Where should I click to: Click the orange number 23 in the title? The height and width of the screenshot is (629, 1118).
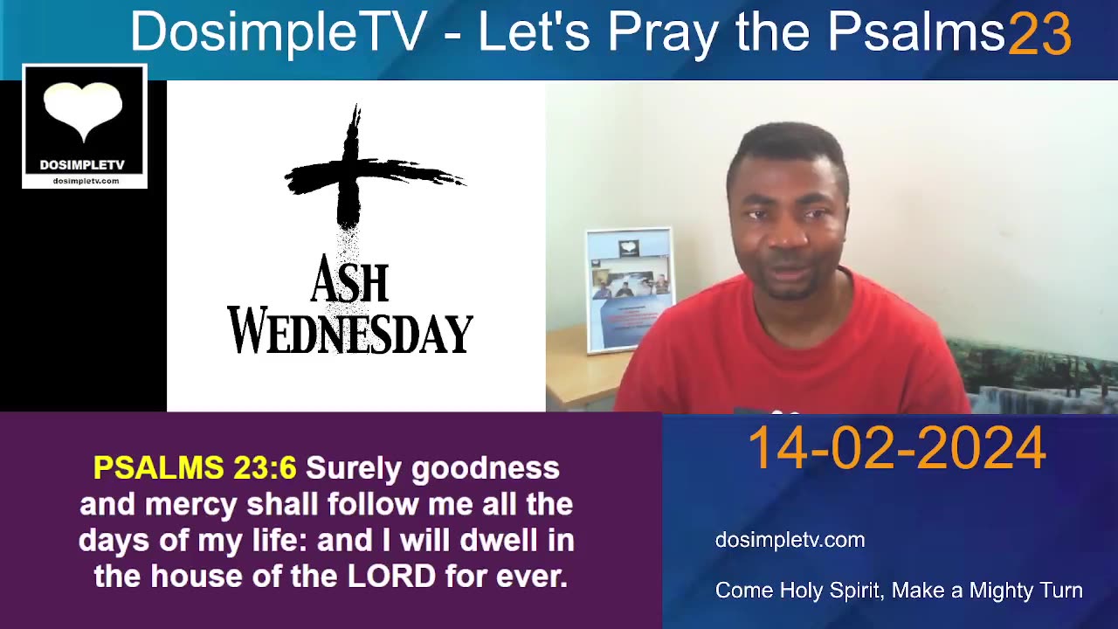[1039, 34]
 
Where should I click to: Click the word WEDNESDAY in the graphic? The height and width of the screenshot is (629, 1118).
[350, 333]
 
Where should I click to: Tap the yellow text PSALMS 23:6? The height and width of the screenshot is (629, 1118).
[195, 468]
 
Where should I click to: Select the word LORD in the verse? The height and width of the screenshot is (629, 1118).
[391, 576]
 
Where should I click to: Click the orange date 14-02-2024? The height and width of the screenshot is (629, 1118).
[896, 448]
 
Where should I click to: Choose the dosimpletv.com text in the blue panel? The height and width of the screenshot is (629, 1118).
[790, 540]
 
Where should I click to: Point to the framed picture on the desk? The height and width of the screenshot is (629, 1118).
[629, 288]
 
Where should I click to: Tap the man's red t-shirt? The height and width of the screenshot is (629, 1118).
[786, 358]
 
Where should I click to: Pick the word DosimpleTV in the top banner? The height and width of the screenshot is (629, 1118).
[278, 33]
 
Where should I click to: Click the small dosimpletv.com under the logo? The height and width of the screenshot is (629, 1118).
[85, 181]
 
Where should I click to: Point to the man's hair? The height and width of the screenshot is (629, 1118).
[786, 144]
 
